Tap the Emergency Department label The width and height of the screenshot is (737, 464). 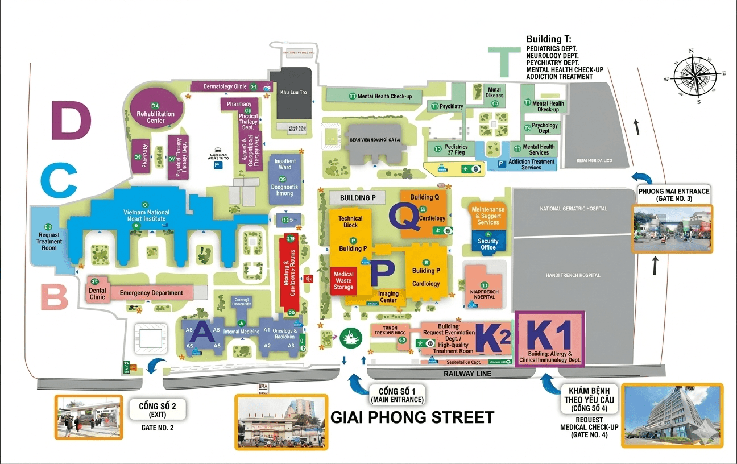pyautogui.click(x=151, y=293)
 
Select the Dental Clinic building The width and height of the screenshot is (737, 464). pyautogui.click(x=98, y=290)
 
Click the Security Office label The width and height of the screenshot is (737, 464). pyautogui.click(x=487, y=244)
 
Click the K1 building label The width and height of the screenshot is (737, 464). pyautogui.click(x=549, y=339)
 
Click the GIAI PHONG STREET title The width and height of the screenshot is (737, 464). pyautogui.click(x=412, y=417)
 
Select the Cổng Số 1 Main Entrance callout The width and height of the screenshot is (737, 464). pyautogui.click(x=395, y=395)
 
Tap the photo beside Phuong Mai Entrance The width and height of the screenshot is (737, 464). pyautogui.click(x=672, y=230)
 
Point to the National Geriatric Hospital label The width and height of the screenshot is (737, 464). pyautogui.click(x=573, y=209)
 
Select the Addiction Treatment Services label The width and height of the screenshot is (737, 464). pyautogui.click(x=531, y=164)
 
